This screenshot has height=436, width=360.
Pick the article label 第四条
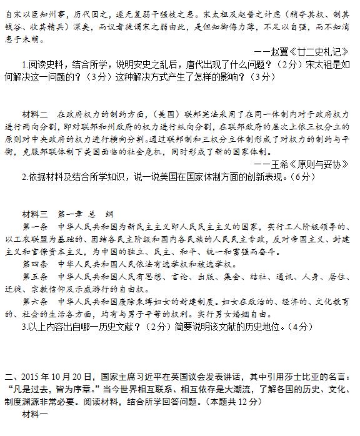(34, 263)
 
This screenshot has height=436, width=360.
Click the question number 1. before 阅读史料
(24, 64)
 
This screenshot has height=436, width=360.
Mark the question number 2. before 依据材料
(24, 177)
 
